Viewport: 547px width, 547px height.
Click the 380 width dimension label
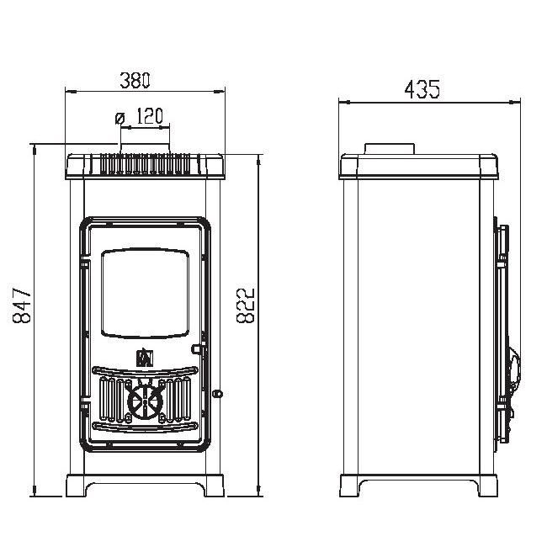[135, 80]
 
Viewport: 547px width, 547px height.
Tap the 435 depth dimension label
[422, 89]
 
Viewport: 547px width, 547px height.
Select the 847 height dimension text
[22, 305]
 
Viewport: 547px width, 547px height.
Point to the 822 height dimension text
[246, 305]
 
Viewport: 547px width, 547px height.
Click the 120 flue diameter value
[149, 116]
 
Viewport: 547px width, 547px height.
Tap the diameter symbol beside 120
[119, 118]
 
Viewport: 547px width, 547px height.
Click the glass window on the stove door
[145, 294]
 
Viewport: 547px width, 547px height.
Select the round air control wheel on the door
[145, 401]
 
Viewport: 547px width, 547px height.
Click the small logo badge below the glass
[145, 357]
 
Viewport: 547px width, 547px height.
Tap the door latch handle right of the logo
[198, 349]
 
